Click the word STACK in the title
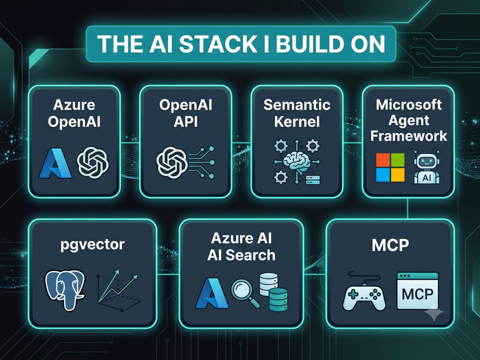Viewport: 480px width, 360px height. (x=218, y=44)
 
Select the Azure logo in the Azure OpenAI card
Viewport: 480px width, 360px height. (x=55, y=163)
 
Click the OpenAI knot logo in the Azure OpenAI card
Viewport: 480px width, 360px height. (x=93, y=162)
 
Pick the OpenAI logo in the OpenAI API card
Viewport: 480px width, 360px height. (x=172, y=163)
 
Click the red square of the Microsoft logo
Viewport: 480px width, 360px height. (x=383, y=160)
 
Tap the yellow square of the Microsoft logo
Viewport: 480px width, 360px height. (x=397, y=175)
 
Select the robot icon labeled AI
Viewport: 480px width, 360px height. (x=427, y=167)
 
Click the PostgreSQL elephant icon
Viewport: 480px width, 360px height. (x=65, y=289)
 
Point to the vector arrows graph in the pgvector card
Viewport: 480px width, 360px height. (x=118, y=291)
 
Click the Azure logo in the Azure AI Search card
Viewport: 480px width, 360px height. (x=212, y=293)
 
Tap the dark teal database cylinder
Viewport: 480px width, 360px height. (x=278, y=300)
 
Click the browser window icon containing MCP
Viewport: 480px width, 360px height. (x=418, y=291)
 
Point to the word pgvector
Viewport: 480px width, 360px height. (x=93, y=245)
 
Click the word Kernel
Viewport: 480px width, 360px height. (x=297, y=121)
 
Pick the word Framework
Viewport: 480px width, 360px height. (x=408, y=136)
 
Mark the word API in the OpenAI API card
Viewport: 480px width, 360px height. (x=185, y=121)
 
